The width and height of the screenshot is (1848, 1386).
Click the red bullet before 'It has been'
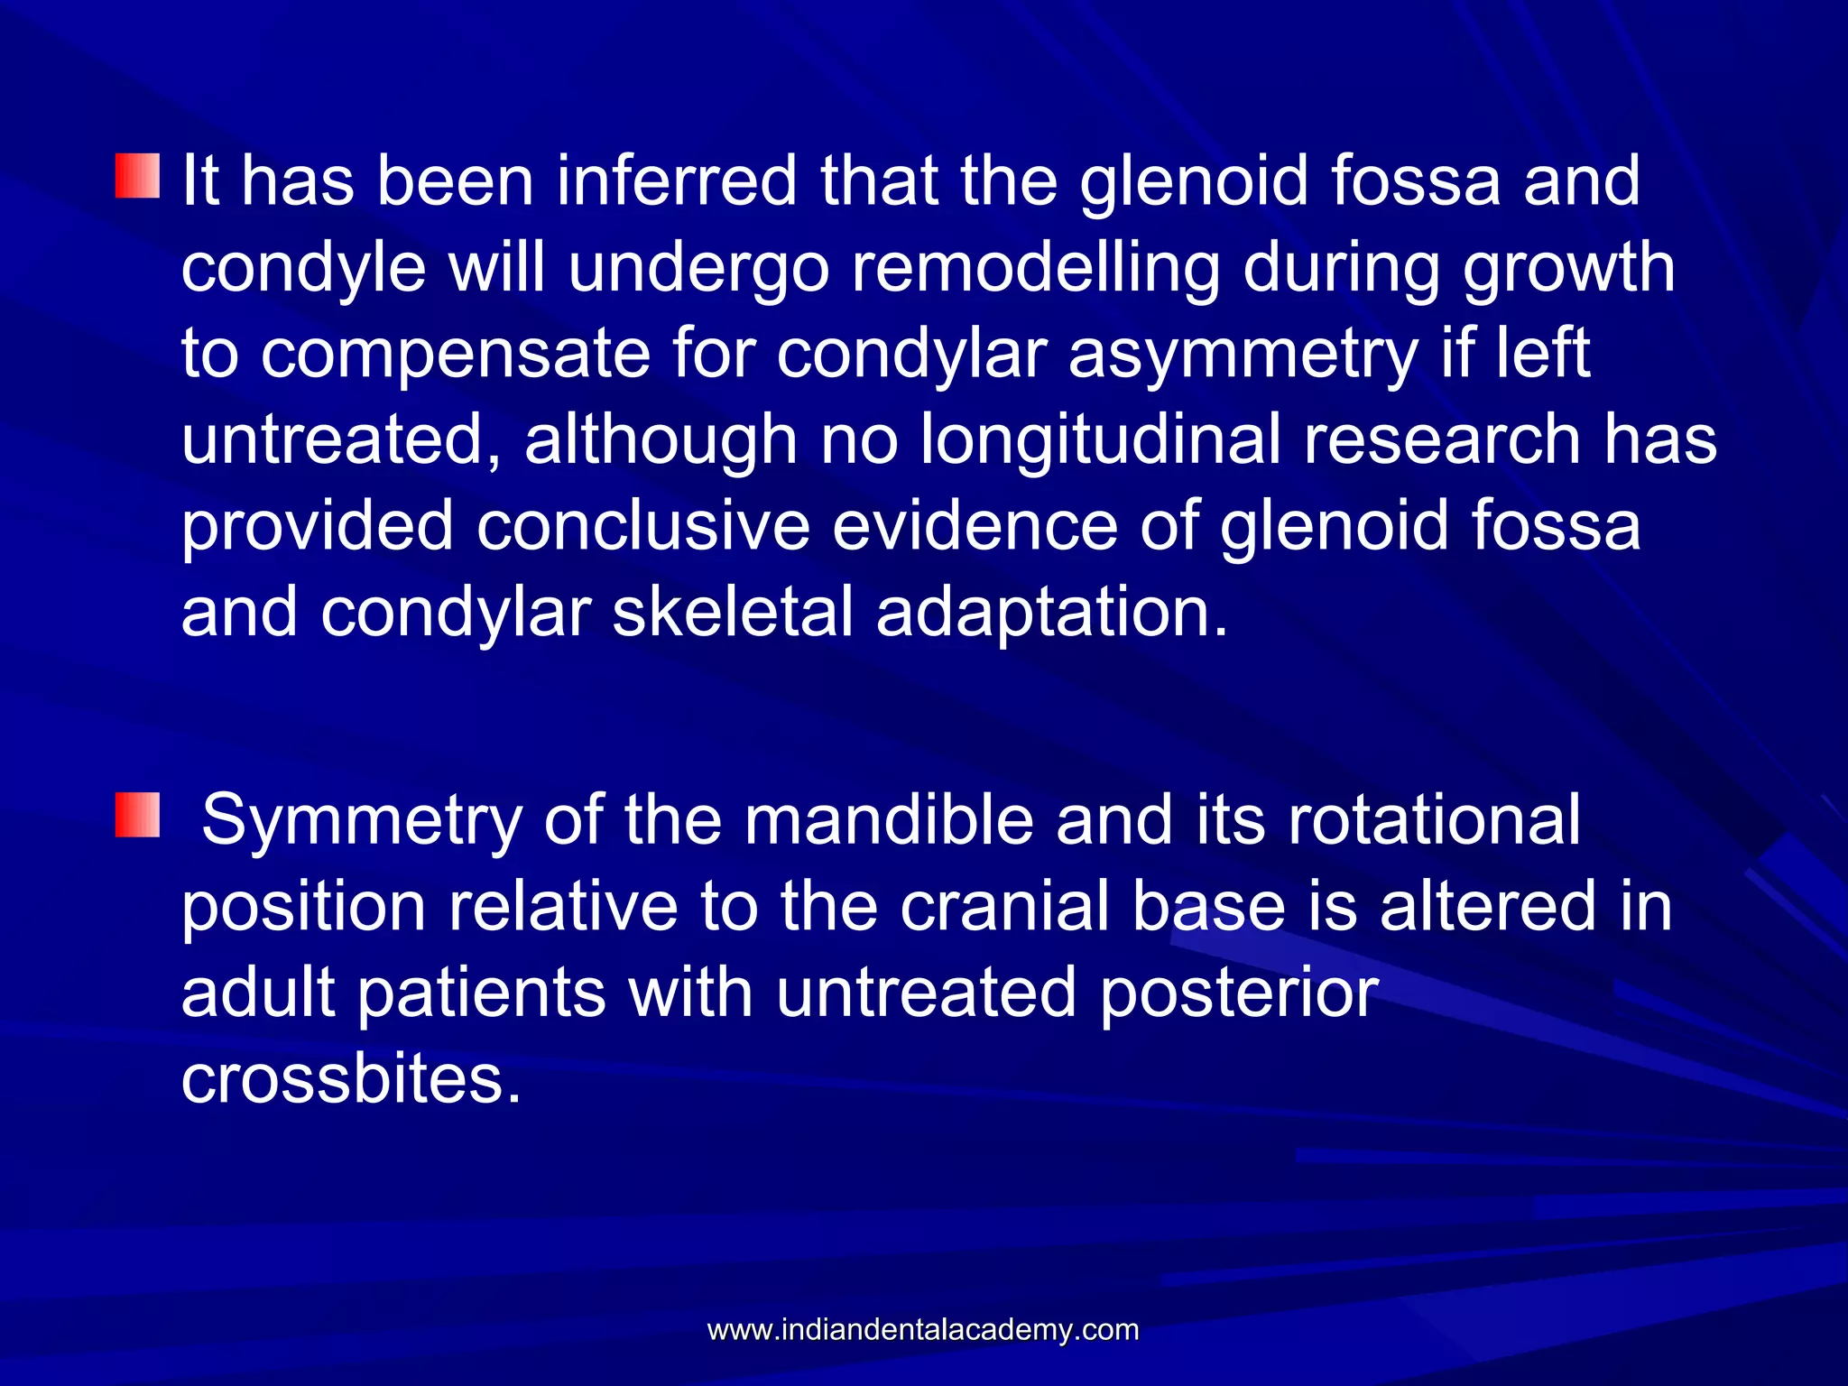tap(137, 176)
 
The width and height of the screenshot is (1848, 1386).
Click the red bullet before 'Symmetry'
tap(137, 815)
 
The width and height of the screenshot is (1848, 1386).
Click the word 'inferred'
tap(677, 180)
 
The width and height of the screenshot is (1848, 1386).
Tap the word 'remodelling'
tap(1036, 268)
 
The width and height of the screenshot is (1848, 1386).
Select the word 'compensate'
tap(456, 355)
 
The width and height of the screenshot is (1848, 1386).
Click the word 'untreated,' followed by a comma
tap(342, 440)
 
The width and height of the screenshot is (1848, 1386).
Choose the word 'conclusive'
tap(642, 526)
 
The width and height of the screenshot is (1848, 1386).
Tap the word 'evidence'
tap(975, 526)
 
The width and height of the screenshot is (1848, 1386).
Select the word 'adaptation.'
tap(1052, 613)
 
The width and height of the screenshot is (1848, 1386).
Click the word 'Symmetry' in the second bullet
tap(362, 821)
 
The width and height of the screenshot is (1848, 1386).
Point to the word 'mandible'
tap(889, 821)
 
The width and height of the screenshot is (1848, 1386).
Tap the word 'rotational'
tap(1434, 821)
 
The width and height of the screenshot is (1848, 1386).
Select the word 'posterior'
tap(1240, 993)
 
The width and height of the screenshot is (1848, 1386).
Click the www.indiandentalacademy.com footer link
tap(923, 1330)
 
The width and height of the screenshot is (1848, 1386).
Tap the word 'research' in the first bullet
tap(1442, 440)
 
